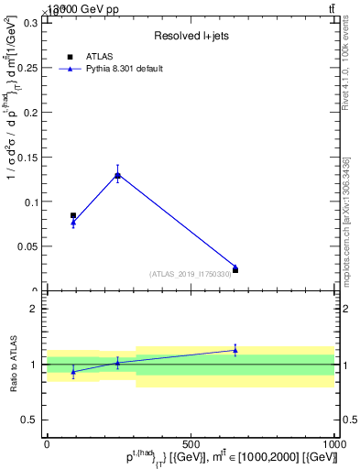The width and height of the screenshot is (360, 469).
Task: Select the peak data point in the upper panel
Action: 117,175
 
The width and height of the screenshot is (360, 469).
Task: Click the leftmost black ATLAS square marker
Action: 73,215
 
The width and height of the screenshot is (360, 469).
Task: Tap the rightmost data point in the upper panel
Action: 235,269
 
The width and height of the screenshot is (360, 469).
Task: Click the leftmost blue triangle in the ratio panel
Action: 73,371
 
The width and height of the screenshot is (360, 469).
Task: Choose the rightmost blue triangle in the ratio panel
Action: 235,350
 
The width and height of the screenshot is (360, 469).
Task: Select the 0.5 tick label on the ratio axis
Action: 28,420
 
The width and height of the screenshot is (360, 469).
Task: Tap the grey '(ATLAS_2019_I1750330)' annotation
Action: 191,274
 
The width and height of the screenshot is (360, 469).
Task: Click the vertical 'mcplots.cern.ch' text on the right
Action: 347,234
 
